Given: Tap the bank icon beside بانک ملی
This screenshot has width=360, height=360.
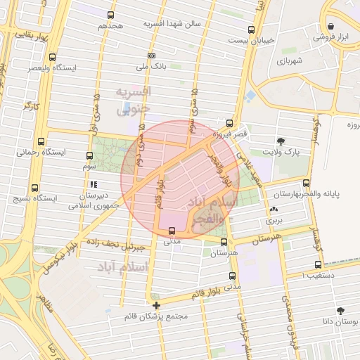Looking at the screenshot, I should [151, 56].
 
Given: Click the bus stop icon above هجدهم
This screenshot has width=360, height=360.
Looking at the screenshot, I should [110, 15].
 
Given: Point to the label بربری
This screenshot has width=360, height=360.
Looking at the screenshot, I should [272, 221].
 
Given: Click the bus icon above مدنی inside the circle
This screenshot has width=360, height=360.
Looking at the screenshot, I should [172, 230].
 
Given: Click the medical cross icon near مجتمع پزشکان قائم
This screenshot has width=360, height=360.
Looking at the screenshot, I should [156, 305].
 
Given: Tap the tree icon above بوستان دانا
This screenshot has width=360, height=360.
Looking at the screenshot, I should [341, 310].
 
